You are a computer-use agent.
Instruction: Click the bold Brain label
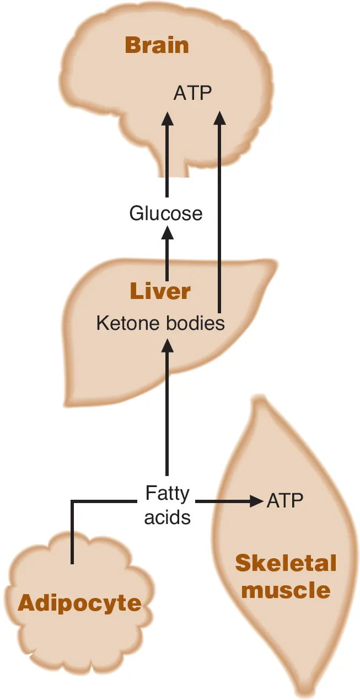[x=157, y=45]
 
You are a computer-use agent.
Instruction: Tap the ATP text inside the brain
[x=192, y=93]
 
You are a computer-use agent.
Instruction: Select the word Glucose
[x=166, y=213]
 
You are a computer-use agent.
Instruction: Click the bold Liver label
[x=160, y=291]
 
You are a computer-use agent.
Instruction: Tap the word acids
[x=167, y=517]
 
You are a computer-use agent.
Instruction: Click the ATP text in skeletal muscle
[x=285, y=501]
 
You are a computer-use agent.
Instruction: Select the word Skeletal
[x=286, y=563]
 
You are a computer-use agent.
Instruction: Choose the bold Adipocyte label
[x=79, y=603]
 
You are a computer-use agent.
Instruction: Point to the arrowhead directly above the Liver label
[x=166, y=232]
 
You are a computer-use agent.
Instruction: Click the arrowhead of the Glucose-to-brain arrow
[x=166, y=118]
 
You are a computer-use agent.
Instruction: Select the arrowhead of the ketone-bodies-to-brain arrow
[x=219, y=118]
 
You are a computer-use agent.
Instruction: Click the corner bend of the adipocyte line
[x=72, y=501]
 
